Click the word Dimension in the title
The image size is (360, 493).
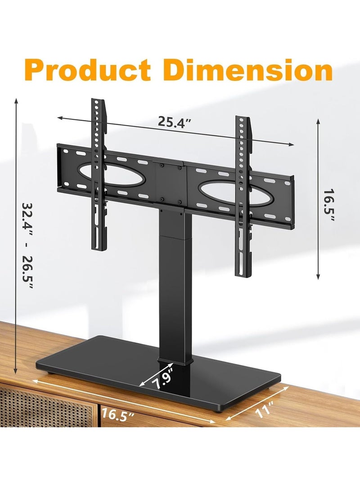(x=248, y=69)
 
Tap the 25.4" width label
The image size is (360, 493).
(x=175, y=121)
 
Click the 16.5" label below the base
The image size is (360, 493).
(x=118, y=414)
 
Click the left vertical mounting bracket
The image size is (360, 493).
(x=99, y=175)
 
